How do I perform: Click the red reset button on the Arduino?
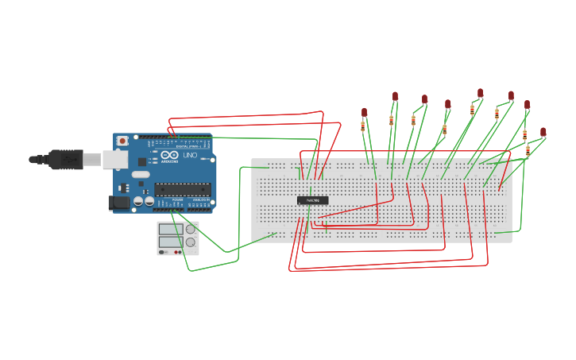click(x=122, y=141)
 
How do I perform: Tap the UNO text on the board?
click(x=190, y=156)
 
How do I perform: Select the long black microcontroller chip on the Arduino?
click(x=183, y=189)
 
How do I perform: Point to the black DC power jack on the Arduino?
click(x=118, y=203)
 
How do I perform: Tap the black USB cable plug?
click(x=65, y=159)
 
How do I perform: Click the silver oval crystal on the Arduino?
click(x=141, y=174)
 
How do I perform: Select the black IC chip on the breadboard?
click(x=313, y=200)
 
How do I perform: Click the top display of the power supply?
click(x=170, y=229)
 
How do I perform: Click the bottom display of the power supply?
click(x=170, y=242)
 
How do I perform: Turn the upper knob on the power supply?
click(x=191, y=229)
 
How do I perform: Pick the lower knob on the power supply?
click(x=191, y=242)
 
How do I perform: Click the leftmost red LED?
click(x=364, y=112)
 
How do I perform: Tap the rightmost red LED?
click(x=543, y=131)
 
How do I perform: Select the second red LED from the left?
click(x=395, y=95)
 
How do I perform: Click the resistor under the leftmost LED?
click(x=363, y=126)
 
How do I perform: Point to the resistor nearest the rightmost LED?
click(x=528, y=150)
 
